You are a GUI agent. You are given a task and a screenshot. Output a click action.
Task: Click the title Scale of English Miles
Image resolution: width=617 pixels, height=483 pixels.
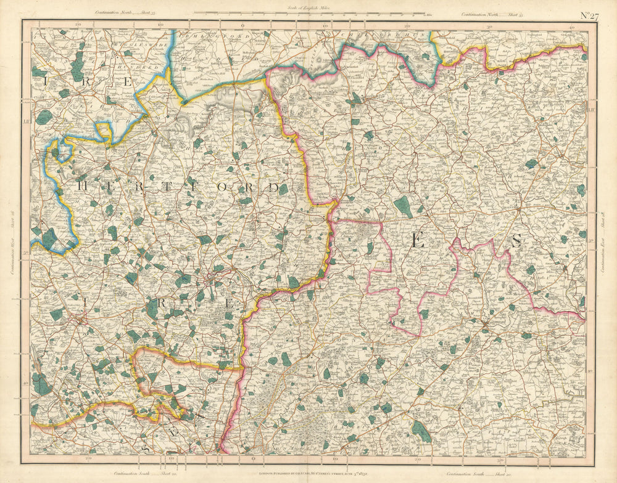pyautogui.click(x=308, y=8)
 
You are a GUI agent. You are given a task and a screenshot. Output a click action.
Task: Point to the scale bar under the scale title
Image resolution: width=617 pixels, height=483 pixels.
pyautogui.click(x=308, y=13)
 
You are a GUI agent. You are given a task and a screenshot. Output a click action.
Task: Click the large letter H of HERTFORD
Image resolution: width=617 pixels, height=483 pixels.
pyautogui.click(x=81, y=183)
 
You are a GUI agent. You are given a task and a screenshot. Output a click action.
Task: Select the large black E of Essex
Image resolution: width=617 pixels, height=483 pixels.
pyautogui.click(x=418, y=241)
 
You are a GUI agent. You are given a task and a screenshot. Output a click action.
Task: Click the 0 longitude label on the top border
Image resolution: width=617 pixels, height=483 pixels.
pyautogui.click(x=242, y=26)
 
